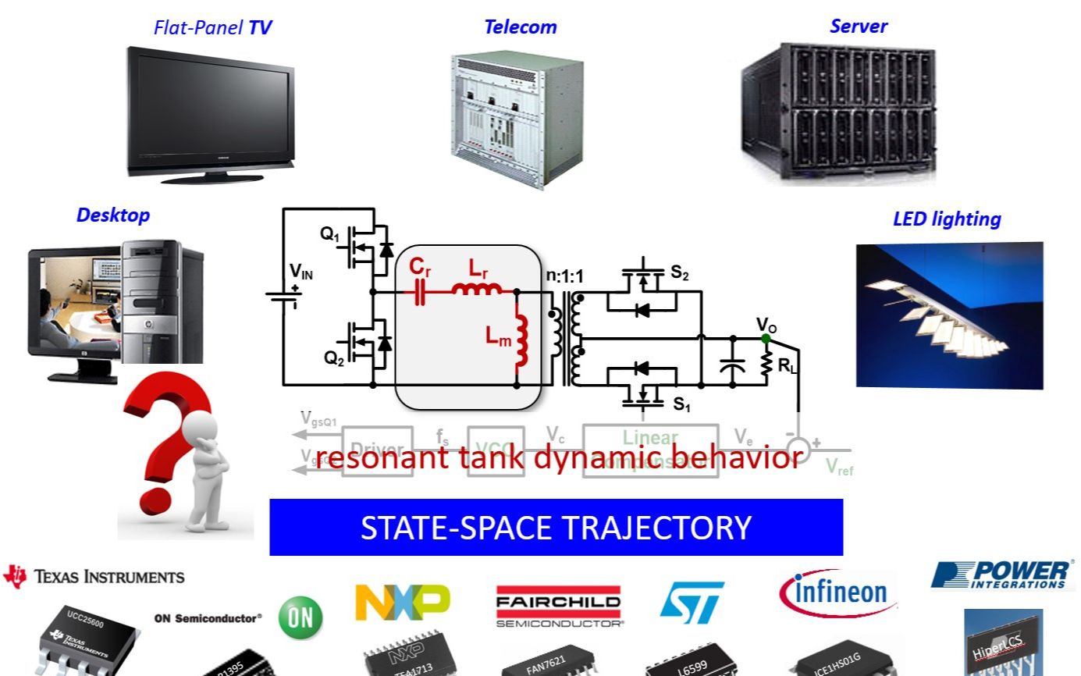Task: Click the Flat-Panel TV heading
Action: click(212, 28)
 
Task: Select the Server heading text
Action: click(858, 26)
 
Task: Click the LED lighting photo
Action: click(949, 315)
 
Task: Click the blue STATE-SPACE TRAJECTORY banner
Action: click(556, 528)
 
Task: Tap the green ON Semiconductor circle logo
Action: click(300, 617)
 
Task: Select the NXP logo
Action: click(402, 602)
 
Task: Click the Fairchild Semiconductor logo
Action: click(558, 606)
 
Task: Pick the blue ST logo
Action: click(692, 601)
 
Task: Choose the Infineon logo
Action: click(837, 592)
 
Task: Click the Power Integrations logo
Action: click(1002, 575)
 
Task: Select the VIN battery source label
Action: click(301, 272)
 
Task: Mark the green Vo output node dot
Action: click(766, 338)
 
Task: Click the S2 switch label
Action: click(680, 272)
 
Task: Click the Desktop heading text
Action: click(112, 215)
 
